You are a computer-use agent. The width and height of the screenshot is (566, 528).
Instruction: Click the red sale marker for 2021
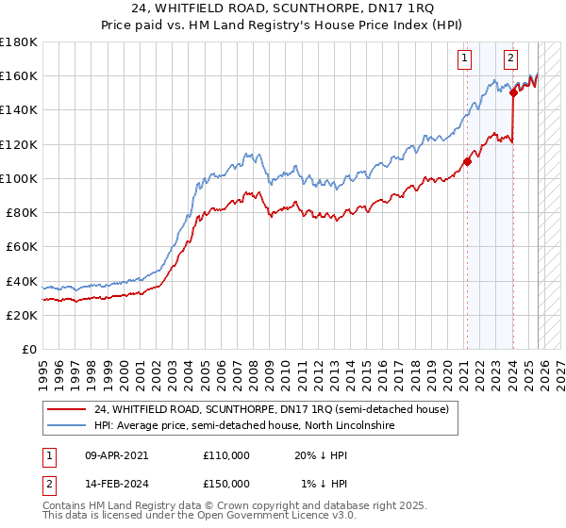[467, 161]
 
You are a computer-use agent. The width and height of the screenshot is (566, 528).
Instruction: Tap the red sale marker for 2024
[513, 92]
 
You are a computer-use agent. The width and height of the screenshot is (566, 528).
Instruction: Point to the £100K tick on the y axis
[19, 178]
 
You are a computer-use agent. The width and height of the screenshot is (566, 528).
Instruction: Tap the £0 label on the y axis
[28, 349]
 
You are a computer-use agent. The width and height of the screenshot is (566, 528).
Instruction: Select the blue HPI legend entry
[244, 426]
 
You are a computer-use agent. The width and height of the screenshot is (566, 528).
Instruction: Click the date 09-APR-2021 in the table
[116, 454]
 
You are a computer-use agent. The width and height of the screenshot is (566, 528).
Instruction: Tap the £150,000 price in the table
[226, 483]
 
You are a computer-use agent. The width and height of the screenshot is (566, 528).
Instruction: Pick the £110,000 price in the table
[226, 454]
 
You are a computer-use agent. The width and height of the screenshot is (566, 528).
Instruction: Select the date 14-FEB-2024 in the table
[116, 483]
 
